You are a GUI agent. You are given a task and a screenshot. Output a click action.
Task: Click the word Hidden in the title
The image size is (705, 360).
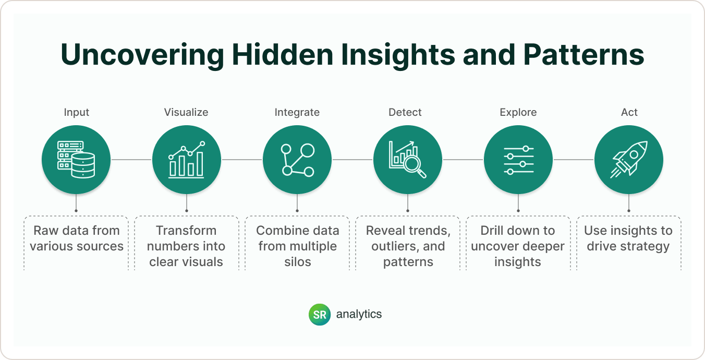(x=282, y=54)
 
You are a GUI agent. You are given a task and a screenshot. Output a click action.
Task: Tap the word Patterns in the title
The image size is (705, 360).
(x=584, y=54)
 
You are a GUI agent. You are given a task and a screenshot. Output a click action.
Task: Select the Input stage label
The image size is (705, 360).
(x=77, y=113)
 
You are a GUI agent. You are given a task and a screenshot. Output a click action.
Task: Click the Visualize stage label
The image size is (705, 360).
(x=186, y=112)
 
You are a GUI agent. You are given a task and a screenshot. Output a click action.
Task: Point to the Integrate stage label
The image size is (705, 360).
(x=297, y=113)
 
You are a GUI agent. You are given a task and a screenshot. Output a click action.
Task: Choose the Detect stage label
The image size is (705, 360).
(x=405, y=112)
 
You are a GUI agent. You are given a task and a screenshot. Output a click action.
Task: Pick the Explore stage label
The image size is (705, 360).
(x=518, y=113)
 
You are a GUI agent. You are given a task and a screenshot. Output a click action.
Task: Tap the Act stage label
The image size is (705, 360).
(x=629, y=112)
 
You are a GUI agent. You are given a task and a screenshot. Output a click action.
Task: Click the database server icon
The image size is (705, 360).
(x=76, y=159)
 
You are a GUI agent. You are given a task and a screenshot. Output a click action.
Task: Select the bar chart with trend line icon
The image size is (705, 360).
(x=186, y=159)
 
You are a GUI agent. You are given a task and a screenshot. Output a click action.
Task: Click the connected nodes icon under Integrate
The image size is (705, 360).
(x=297, y=160)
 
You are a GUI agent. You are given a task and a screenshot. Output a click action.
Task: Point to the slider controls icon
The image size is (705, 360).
(x=518, y=160)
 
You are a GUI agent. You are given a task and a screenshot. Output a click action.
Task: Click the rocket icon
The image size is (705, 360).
(x=629, y=159)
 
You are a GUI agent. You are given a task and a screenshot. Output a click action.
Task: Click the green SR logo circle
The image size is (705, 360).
(x=320, y=314)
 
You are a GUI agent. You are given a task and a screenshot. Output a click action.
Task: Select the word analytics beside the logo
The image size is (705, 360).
(x=359, y=314)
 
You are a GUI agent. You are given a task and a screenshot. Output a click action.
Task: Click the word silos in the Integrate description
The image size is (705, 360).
(x=297, y=262)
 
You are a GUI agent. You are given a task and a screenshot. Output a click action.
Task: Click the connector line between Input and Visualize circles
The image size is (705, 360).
(x=131, y=160)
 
